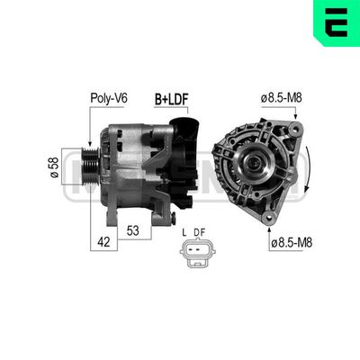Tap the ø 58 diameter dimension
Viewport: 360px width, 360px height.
click(x=57, y=166)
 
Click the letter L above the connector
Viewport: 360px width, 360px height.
click(x=184, y=234)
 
